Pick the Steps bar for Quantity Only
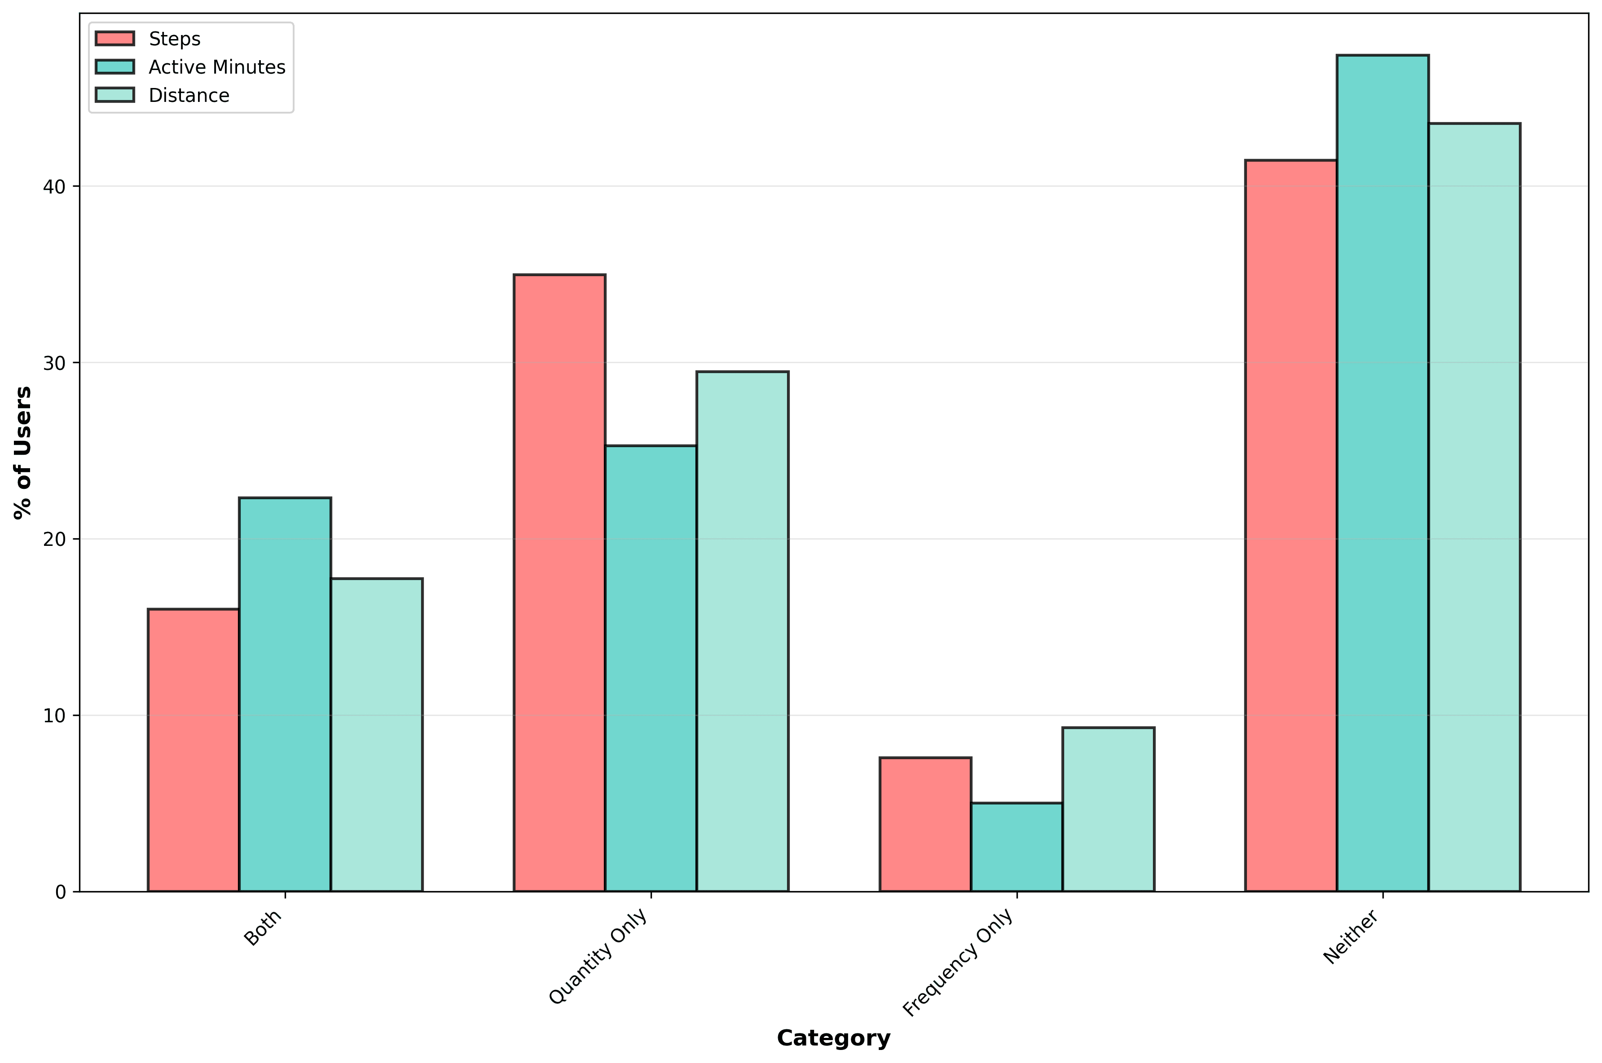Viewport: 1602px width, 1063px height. [x=559, y=583]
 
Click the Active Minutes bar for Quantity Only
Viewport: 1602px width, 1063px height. [x=651, y=668]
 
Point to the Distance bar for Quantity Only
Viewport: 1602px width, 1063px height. [x=742, y=631]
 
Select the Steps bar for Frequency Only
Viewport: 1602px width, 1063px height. [x=925, y=824]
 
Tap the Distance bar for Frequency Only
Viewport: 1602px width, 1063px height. [x=1109, y=809]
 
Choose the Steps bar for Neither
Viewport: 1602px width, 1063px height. [x=1291, y=525]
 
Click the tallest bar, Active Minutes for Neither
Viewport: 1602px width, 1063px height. [x=1382, y=473]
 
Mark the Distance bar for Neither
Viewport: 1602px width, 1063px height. [x=1474, y=507]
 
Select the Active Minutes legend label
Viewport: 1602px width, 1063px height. [x=217, y=67]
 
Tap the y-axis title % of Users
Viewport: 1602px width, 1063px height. [x=23, y=452]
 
